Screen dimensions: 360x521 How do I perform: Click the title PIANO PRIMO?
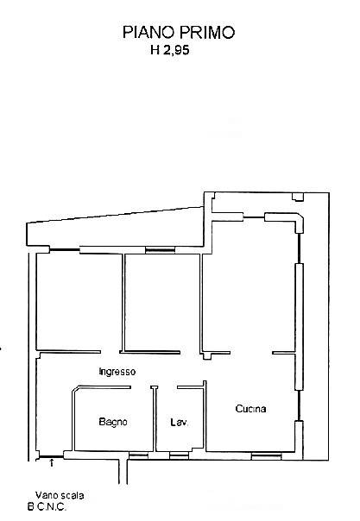point(179,33)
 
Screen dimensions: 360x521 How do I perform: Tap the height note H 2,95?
point(170,50)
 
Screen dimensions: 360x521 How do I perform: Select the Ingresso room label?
point(117,372)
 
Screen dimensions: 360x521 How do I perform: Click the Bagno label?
point(113,422)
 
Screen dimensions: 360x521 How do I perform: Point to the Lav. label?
point(180,423)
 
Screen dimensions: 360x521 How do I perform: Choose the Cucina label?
point(250,409)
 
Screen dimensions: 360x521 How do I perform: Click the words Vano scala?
point(60,495)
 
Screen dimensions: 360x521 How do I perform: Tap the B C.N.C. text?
point(47,507)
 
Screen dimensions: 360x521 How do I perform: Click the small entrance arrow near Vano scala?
point(52,463)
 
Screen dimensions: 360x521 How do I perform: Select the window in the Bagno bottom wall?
point(138,455)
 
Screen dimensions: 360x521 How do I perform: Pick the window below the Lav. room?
point(179,455)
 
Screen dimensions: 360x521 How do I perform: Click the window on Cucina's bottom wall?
point(266,456)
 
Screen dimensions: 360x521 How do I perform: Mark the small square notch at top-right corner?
point(298,198)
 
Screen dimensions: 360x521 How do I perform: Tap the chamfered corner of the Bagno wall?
point(76,389)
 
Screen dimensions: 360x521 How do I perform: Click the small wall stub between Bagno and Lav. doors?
point(154,387)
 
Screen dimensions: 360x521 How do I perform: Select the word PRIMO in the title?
point(207,33)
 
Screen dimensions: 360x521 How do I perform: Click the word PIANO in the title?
point(148,33)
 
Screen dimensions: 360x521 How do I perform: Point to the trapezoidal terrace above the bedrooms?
point(115,229)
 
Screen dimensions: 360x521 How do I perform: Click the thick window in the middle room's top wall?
point(161,250)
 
